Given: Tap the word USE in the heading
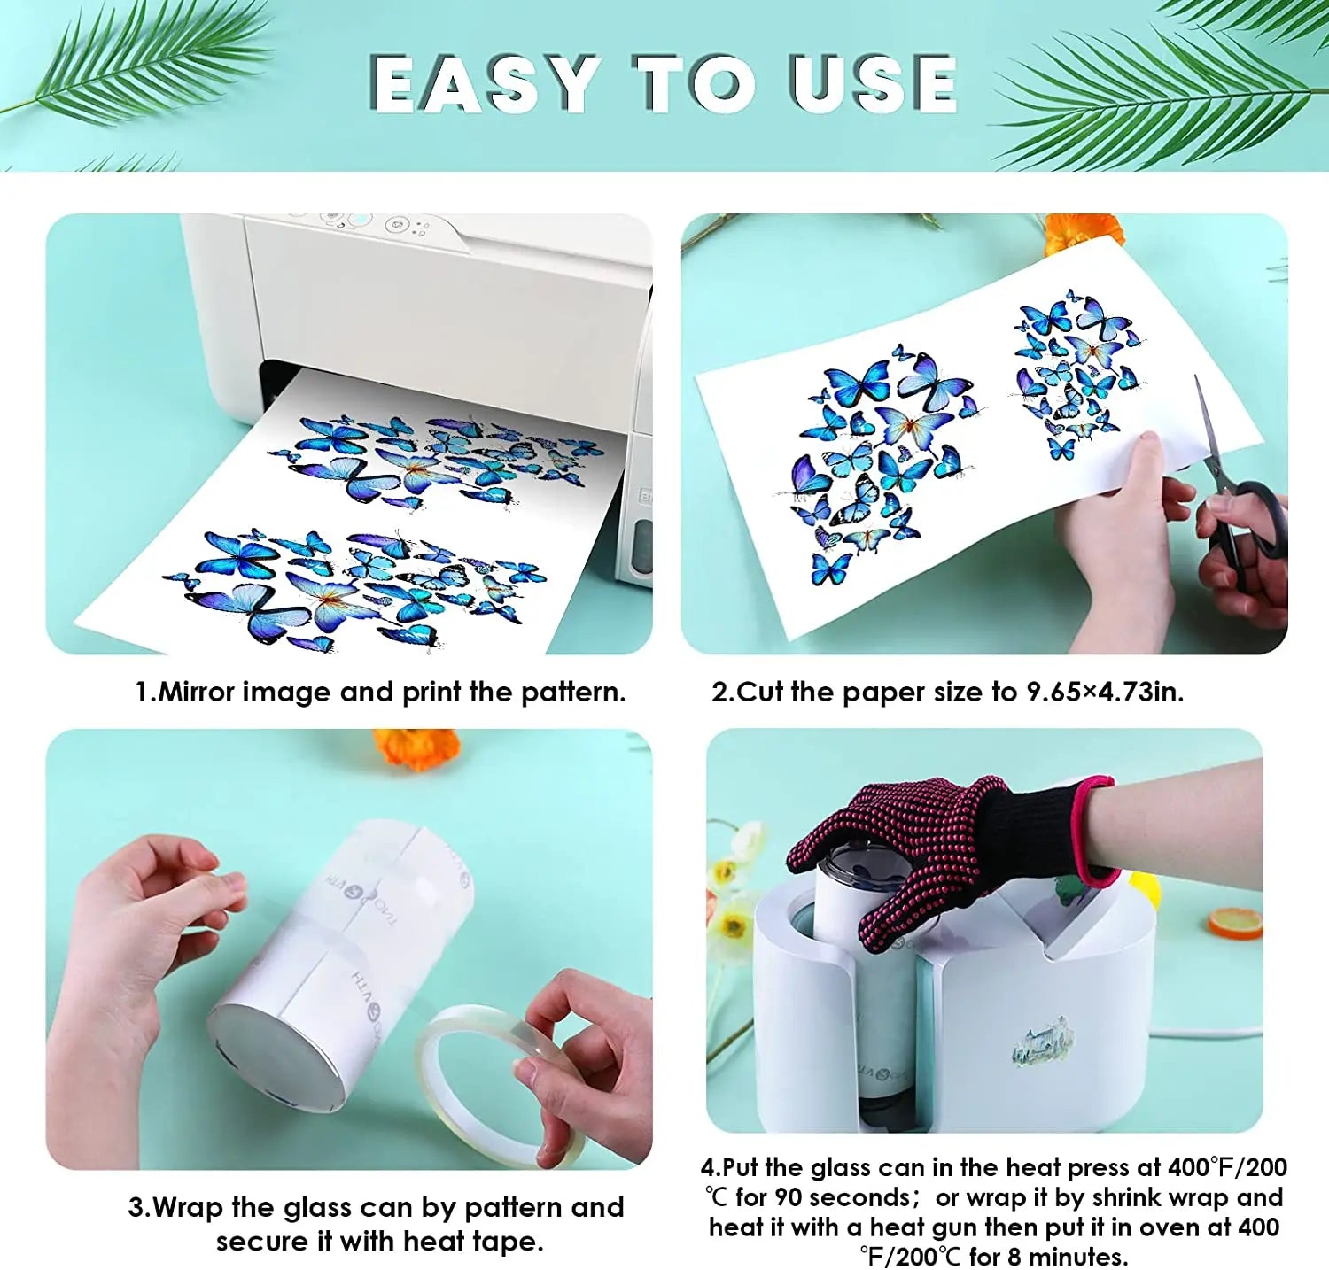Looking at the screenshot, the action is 873,83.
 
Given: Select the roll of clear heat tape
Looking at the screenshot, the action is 501,1085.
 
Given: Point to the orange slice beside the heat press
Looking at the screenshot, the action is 1235,923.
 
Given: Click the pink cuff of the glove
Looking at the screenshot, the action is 1095,830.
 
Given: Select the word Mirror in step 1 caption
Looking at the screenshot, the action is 196,692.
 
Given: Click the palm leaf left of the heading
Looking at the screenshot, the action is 133,62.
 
